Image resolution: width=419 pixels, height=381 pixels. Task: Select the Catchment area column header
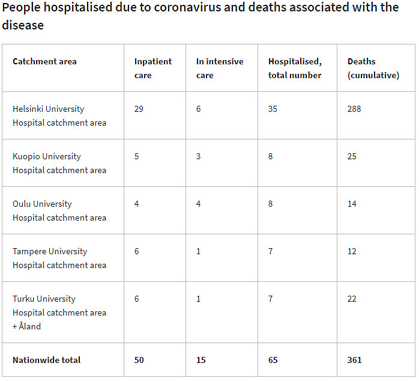(44, 61)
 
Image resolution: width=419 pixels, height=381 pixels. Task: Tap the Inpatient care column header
(152, 69)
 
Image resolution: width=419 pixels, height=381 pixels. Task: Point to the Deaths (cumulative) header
(373, 69)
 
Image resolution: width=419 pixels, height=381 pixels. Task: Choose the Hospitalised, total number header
(295, 69)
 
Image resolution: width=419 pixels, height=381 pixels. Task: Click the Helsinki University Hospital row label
(59, 116)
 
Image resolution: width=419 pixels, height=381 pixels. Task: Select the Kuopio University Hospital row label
(59, 163)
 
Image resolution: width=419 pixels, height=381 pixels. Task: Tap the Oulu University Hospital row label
(59, 211)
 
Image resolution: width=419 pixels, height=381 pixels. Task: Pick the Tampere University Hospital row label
(59, 258)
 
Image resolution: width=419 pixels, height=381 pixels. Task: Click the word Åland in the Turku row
(30, 326)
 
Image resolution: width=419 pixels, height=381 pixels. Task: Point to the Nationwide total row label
(46, 360)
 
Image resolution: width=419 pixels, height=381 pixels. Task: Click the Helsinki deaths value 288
(354, 109)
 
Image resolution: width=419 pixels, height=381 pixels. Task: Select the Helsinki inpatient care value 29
(139, 109)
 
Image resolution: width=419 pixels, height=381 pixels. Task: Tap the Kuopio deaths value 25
(352, 156)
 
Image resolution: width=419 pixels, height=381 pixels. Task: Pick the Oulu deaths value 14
(352, 204)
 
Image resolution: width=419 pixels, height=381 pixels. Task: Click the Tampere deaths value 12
(352, 251)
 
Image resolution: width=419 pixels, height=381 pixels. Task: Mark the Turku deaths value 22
(352, 299)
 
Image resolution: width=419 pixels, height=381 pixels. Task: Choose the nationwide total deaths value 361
(354, 360)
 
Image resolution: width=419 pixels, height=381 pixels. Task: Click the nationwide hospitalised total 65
(273, 360)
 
